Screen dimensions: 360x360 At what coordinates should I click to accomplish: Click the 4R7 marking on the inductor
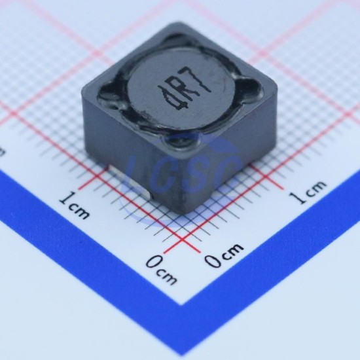pyautogui.click(x=184, y=88)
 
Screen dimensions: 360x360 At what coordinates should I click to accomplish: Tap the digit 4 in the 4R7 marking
pyautogui.click(x=175, y=98)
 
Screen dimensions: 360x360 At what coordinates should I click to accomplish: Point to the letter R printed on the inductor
pyautogui.click(x=186, y=86)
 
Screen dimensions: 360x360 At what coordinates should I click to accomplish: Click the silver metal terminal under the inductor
pyautogui.click(x=130, y=181)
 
